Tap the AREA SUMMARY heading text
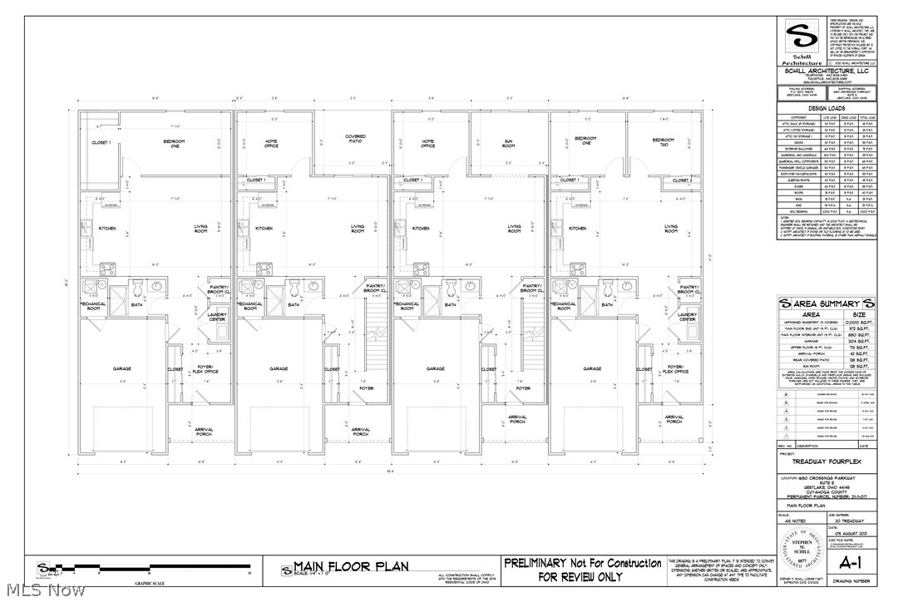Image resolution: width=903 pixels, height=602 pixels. point(822,303)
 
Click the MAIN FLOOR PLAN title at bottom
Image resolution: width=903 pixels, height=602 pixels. point(350,567)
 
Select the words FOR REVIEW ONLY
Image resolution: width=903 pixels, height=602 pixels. point(580,576)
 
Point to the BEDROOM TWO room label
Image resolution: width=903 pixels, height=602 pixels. point(663,141)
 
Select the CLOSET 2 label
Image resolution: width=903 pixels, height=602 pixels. point(682,180)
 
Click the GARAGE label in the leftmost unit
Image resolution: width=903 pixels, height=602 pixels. point(122,368)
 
